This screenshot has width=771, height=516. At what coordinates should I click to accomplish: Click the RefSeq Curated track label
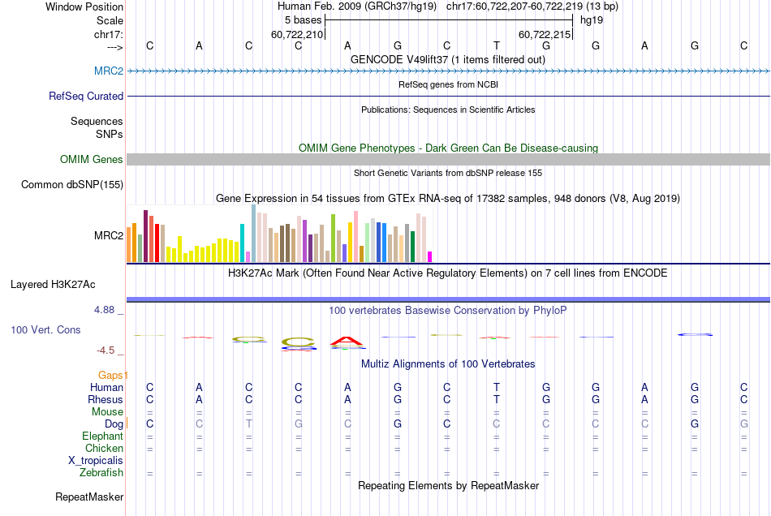86,96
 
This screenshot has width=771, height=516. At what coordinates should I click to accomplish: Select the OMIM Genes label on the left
92,159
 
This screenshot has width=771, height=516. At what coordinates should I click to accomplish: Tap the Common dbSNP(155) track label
72,184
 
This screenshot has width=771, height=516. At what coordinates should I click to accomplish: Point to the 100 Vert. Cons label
45,330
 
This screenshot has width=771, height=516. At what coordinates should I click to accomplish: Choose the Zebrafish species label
101,472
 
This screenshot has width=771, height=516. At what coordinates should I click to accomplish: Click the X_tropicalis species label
96,460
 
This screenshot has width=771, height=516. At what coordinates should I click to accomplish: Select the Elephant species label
102,436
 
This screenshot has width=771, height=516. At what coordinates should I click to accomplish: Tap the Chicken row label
104,448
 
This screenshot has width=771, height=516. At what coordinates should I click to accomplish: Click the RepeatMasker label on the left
89,497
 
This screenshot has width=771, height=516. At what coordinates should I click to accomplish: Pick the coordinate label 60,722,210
297,34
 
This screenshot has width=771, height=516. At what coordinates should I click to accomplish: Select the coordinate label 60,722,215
545,34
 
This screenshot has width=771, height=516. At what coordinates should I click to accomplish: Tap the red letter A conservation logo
347,341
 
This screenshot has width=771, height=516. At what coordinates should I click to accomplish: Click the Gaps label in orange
113,375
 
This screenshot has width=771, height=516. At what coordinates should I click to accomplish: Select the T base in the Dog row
249,424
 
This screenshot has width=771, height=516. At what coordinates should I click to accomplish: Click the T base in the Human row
497,387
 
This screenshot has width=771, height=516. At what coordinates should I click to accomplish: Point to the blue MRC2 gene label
109,71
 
